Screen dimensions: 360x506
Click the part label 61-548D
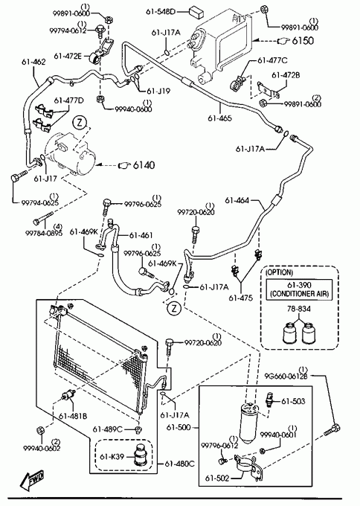pyautogui.click(x=161, y=12)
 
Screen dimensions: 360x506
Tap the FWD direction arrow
pyautogui.click(x=32, y=479)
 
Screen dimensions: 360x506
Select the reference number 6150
pyautogui.click(x=303, y=41)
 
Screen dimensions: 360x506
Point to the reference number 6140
pyautogui.click(x=144, y=165)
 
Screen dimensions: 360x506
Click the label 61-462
pyautogui.click(x=34, y=62)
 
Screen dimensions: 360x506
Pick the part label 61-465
pyautogui.click(x=219, y=118)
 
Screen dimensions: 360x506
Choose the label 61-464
pyautogui.click(x=237, y=200)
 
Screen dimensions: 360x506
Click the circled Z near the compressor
pyautogui.click(x=80, y=122)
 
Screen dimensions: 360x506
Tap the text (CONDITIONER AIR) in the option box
pyautogui.click(x=299, y=294)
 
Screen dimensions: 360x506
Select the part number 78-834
pyautogui.click(x=299, y=309)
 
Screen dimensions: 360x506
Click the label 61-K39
pyautogui.click(x=112, y=457)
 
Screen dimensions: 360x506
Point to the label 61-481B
pyautogui.click(x=73, y=416)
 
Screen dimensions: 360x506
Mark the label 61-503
pyautogui.click(x=293, y=401)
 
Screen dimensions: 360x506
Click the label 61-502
pyautogui.click(x=217, y=478)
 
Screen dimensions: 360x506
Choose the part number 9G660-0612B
pyautogui.click(x=286, y=376)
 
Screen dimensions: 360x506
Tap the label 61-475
pyautogui.click(x=241, y=298)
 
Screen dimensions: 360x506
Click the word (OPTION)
pyautogui.click(x=280, y=272)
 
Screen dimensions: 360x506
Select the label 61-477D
pyautogui.click(x=68, y=100)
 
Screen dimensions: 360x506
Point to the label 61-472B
pyautogui.click(x=286, y=75)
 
